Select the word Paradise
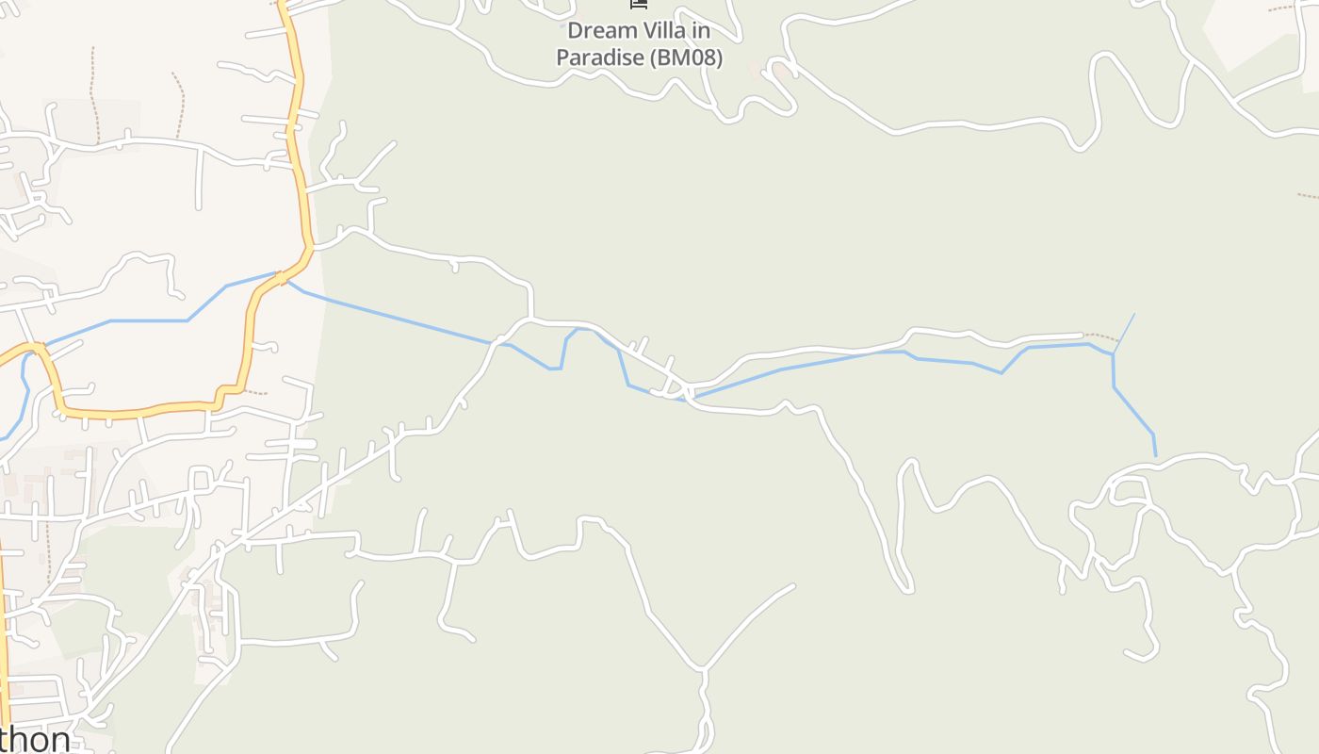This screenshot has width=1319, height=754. click(600, 57)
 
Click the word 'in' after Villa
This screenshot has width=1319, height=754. click(701, 30)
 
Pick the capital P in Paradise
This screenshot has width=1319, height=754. click(562, 57)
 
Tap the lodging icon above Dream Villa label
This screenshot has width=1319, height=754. click(639, 4)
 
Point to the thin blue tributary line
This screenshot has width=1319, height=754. click(1125, 332)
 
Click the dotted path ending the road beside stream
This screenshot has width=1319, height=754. click(1100, 336)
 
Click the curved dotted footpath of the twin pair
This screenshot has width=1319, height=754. click(179, 104)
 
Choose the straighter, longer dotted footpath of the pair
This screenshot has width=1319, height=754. click(92, 94)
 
